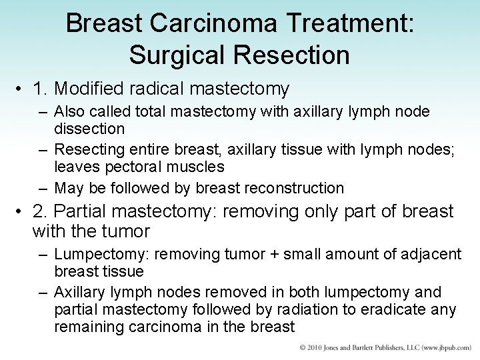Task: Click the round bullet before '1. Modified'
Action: (x=23, y=89)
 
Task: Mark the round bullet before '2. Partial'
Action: (x=23, y=212)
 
